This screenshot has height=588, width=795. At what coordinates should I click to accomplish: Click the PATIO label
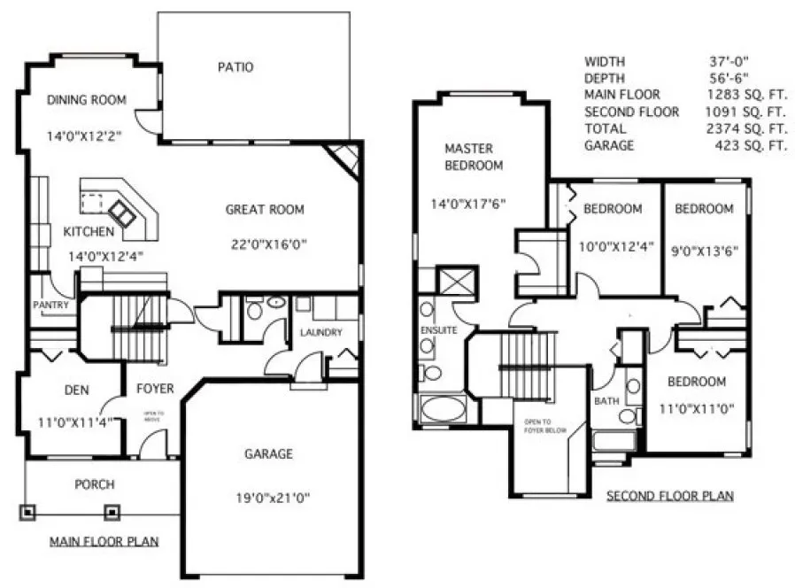click(x=235, y=67)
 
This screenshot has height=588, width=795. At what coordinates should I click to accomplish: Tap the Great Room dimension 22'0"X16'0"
click(x=264, y=241)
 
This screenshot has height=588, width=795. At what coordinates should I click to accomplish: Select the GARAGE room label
click(x=268, y=454)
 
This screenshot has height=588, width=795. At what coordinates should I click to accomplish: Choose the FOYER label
click(x=155, y=389)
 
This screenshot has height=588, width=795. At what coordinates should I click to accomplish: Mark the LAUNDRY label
click(x=320, y=333)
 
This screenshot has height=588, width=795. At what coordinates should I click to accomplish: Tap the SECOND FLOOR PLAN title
click(x=669, y=496)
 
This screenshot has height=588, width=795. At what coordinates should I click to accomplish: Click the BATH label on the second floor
click(x=606, y=401)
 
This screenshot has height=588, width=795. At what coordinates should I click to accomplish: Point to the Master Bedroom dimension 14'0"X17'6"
click(x=468, y=204)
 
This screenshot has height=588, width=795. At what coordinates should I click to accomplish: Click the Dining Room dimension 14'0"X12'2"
click(x=86, y=137)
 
